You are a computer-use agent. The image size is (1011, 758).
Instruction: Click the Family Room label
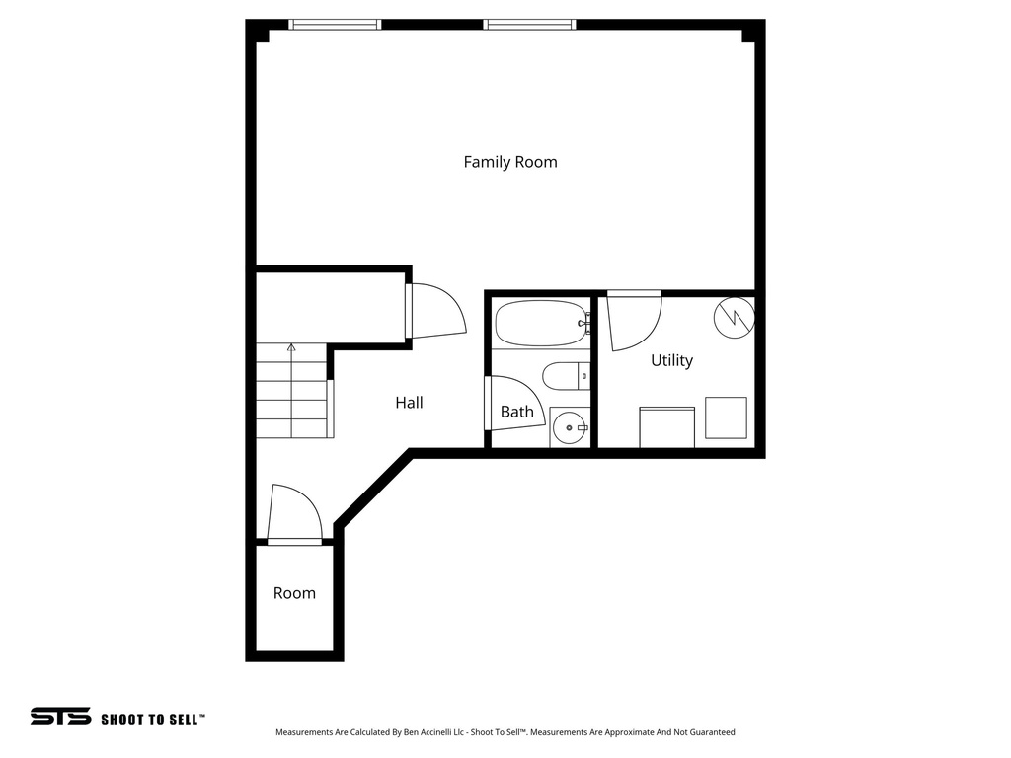click(510, 162)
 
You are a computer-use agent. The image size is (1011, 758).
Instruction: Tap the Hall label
click(409, 403)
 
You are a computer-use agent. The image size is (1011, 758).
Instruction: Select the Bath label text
click(516, 412)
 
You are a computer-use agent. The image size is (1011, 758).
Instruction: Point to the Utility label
click(671, 361)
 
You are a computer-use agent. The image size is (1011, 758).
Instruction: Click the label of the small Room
click(294, 593)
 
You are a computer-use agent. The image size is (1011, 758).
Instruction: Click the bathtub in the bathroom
click(540, 324)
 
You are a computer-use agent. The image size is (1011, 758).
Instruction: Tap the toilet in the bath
click(565, 376)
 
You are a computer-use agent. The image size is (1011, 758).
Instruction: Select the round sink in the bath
click(569, 428)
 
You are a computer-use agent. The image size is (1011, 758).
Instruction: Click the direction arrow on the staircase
click(291, 349)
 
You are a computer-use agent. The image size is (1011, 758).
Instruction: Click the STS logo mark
click(60, 717)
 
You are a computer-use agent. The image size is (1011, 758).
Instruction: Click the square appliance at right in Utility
click(726, 417)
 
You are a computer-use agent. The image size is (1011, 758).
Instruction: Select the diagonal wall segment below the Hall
click(374, 490)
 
